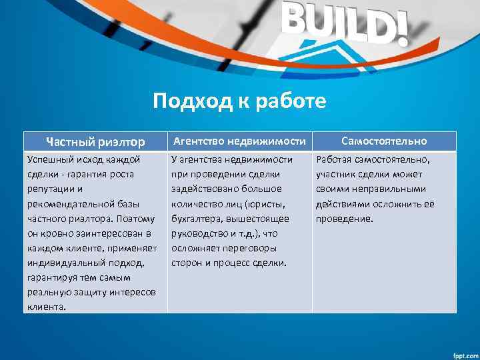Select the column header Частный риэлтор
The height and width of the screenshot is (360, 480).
(x=95, y=141)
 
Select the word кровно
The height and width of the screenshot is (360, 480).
(x=57, y=233)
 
